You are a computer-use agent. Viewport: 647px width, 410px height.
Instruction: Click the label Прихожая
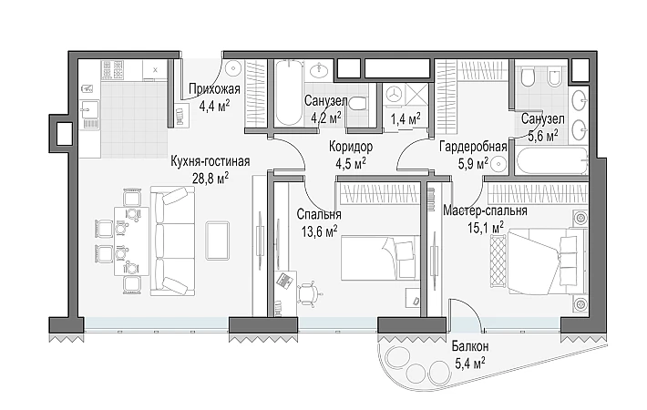214,88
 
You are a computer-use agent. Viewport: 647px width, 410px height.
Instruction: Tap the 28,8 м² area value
211,178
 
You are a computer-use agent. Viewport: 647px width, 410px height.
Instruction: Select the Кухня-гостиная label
211,161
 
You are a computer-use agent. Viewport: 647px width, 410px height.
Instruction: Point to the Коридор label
351,147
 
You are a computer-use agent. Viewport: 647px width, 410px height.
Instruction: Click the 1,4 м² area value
406,119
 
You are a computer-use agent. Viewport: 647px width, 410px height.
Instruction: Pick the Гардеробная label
473,147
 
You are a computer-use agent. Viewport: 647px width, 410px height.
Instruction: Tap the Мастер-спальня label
485,210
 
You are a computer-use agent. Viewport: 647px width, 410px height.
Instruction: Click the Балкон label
470,345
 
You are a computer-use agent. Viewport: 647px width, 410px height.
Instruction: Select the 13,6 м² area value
319,231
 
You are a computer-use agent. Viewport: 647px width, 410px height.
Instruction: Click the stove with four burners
113,70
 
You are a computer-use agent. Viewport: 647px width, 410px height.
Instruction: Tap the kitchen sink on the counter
89,109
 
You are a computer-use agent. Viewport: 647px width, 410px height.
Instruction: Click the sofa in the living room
172,241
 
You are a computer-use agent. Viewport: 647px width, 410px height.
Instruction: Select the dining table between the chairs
131,241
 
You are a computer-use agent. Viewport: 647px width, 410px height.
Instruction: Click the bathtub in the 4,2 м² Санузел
289,92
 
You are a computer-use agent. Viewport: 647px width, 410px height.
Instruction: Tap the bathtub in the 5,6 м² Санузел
549,162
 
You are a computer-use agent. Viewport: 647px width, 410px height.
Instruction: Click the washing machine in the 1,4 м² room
394,94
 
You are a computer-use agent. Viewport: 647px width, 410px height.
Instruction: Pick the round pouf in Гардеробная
498,164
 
